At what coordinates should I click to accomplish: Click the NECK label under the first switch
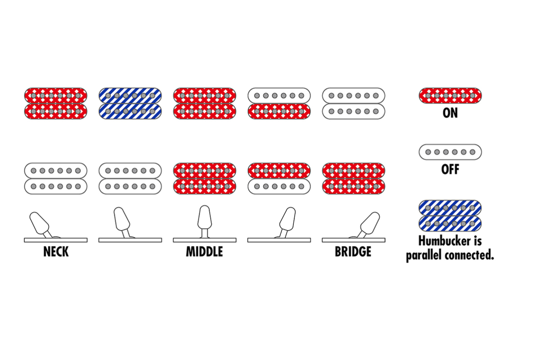click(56, 252)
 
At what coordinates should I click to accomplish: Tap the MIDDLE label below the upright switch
click(204, 252)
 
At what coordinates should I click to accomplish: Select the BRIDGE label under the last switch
click(353, 252)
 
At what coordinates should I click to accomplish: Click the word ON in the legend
click(450, 112)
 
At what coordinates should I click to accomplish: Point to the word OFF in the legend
click(450, 170)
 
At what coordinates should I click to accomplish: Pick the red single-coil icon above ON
click(450, 95)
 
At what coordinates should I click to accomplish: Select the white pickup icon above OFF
click(450, 152)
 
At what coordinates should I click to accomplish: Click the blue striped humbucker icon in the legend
click(450, 215)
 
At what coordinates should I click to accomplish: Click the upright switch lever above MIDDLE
click(204, 218)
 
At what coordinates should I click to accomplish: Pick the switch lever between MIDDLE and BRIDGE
click(287, 220)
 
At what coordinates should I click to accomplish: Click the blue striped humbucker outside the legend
click(130, 103)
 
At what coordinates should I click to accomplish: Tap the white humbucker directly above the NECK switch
click(56, 178)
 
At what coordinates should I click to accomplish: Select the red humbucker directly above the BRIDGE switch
click(354, 178)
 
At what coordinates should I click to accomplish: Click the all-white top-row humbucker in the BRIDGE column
click(354, 103)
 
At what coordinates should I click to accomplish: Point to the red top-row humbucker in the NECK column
click(56, 103)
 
